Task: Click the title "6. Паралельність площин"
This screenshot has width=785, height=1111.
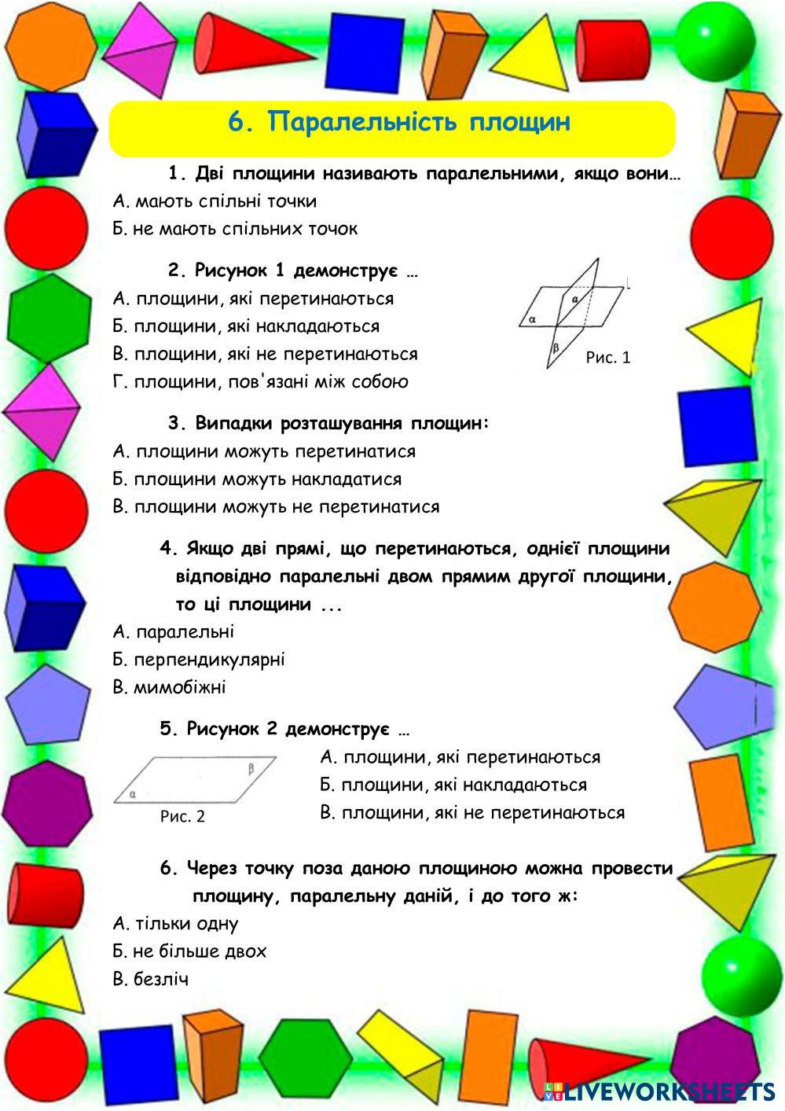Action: click(398, 123)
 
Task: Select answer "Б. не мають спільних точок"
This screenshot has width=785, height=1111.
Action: click(235, 229)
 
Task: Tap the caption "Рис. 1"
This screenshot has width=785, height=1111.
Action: click(608, 358)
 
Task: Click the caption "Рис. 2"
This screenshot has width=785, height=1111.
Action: click(182, 816)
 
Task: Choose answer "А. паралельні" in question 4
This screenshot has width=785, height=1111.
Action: click(174, 632)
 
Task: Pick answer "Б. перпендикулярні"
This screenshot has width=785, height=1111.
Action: click(199, 660)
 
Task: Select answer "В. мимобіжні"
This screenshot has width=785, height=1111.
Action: click(169, 687)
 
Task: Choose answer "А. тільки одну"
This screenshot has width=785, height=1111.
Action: click(175, 924)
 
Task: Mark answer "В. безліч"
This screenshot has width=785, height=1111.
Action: click(151, 980)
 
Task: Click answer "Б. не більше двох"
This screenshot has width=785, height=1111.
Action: click(189, 951)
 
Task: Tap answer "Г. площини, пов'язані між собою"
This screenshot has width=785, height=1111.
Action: click(261, 382)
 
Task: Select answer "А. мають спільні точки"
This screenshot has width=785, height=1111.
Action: click(215, 201)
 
